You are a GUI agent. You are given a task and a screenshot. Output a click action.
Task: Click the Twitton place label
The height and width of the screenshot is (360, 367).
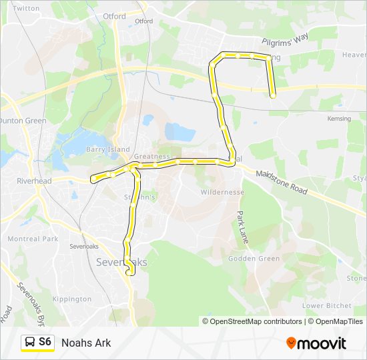click(x=27, y=9)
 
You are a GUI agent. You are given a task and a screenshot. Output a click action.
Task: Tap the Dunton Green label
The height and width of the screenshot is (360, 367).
click(x=22, y=121)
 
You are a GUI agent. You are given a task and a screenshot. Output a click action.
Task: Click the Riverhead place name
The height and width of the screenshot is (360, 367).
click(x=30, y=181)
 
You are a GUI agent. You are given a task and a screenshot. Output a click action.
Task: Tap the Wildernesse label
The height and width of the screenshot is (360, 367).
click(x=222, y=192)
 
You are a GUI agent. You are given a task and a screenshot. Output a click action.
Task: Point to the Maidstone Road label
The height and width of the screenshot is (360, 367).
click(x=281, y=181)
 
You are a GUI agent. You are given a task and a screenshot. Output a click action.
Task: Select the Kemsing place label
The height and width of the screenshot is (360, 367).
click(x=339, y=118)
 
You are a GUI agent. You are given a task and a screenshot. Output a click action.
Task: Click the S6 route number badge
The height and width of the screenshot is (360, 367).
click(x=45, y=342)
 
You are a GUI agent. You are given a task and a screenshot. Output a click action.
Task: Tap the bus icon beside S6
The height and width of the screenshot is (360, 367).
click(x=30, y=343)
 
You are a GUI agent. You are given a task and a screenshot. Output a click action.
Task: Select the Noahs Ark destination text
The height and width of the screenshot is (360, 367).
click(x=86, y=343)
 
